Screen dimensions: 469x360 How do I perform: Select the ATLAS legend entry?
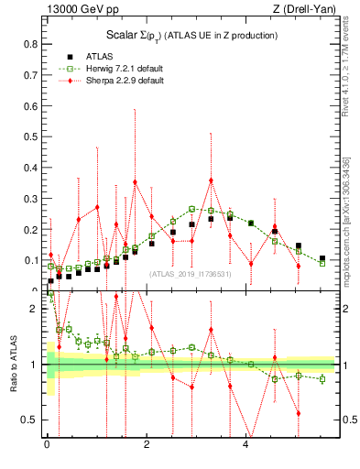click(98, 56)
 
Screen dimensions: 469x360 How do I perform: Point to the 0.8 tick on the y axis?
click(30, 43)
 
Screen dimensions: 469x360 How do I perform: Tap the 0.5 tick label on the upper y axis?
click(30, 136)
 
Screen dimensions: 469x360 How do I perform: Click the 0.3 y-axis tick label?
click(30, 198)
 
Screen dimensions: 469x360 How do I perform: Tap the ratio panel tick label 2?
click(34, 309)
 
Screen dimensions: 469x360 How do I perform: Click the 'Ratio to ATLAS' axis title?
click(13, 365)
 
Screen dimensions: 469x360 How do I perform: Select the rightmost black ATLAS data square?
click(322, 258)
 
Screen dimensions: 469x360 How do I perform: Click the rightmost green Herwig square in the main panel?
click(322, 264)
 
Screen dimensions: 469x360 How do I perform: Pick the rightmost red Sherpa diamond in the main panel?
click(299, 267)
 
